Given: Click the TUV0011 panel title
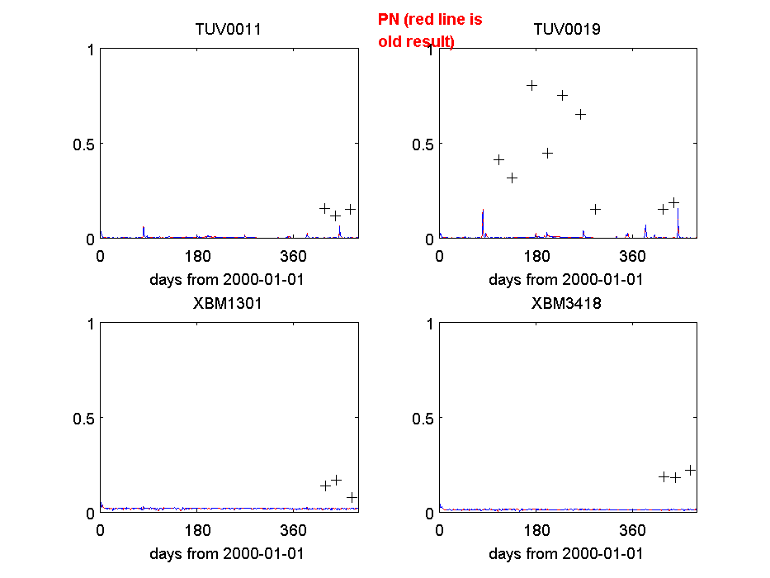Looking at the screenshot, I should point(228,30).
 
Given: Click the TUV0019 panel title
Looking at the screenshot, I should point(567,30).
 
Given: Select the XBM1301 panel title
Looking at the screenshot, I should point(228,303).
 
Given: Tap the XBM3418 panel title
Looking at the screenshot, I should point(567,303).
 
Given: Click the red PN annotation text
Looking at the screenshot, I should point(429,30).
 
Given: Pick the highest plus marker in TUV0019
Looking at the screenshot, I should point(532,85).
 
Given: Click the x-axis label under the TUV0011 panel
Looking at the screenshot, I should point(227,279).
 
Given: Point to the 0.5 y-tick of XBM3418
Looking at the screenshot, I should point(422,418).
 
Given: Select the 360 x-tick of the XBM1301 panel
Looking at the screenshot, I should point(295,529).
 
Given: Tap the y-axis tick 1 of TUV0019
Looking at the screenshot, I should point(429,50).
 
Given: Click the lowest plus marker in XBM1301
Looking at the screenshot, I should point(352,497).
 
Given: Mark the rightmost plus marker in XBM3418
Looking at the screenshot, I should point(691,470).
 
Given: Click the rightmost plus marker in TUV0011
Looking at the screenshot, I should point(350,209).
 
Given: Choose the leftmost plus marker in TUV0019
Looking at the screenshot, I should point(498,159).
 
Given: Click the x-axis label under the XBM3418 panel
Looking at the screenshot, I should point(566,553).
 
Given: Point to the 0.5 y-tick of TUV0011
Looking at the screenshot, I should point(83,144).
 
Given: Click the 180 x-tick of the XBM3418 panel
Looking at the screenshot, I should point(536,529).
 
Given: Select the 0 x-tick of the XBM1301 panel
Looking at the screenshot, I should point(101,529).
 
